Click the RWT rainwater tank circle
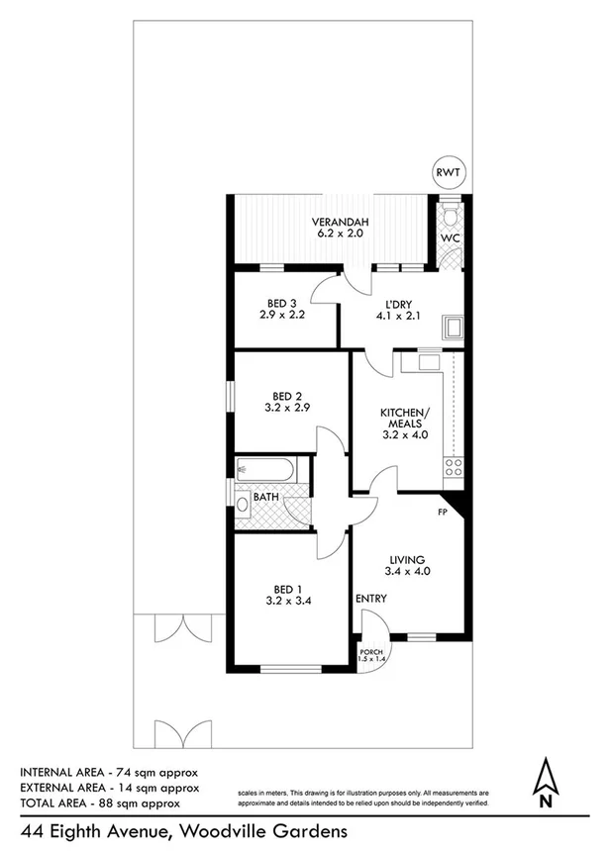click(448, 174)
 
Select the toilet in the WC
click(450, 215)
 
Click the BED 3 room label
click(281, 303)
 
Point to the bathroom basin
click(243, 504)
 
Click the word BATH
click(265, 497)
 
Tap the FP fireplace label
click(446, 513)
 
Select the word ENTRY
click(370, 600)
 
